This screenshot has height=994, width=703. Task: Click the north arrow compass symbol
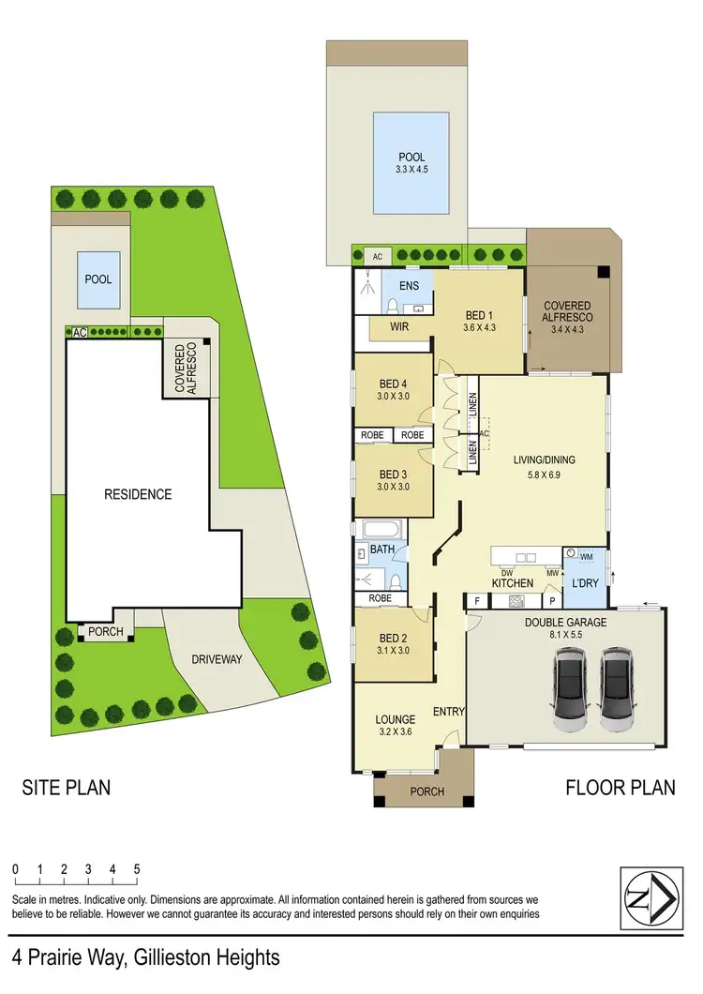pyautogui.click(x=648, y=896)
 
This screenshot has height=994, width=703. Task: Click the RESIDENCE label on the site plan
pyautogui.click(x=138, y=494)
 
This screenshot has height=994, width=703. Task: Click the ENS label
pyautogui.click(x=409, y=286)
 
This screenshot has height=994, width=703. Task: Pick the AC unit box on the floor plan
pyautogui.click(x=379, y=256)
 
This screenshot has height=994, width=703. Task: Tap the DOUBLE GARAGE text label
pyautogui.click(x=565, y=623)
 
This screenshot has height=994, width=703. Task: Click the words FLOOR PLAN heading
pyautogui.click(x=620, y=788)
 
